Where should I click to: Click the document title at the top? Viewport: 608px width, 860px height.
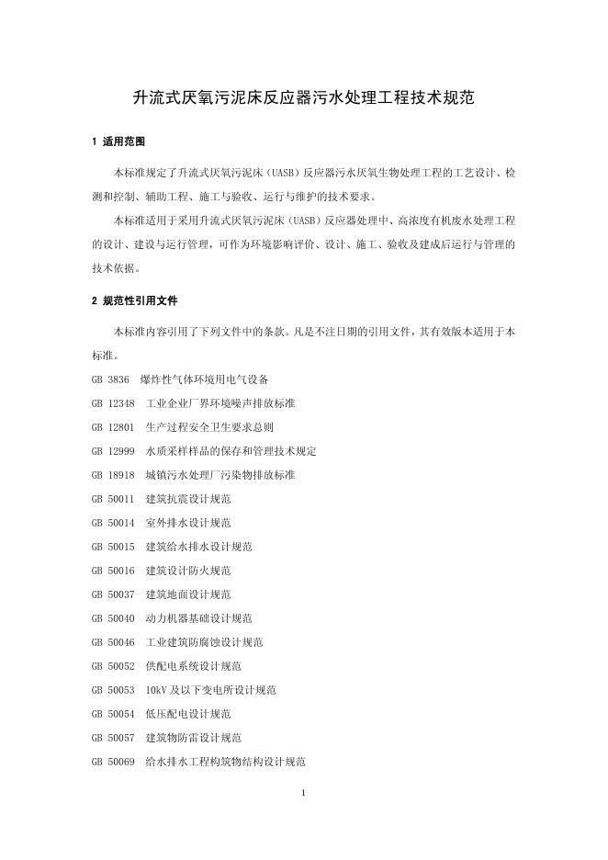(303, 96)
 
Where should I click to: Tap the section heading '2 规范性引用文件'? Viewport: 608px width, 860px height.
(135, 300)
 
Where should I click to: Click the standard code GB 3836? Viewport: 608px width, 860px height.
(110, 379)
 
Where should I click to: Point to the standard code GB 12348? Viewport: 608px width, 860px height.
(113, 402)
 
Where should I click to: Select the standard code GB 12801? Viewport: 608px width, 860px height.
(113, 426)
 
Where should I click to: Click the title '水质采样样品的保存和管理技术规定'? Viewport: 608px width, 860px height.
(231, 450)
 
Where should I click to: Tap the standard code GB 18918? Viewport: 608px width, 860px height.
(113, 474)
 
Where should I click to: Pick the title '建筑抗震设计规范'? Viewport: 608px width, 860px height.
(188, 498)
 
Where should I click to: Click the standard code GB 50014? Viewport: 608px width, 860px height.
(113, 522)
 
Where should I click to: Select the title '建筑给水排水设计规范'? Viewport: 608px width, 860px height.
(198, 546)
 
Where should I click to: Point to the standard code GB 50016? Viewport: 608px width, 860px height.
(113, 570)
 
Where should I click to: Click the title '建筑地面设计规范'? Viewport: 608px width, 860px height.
(188, 594)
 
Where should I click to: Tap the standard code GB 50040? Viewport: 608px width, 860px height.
(113, 617)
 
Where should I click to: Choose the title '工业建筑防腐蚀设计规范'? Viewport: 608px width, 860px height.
(204, 641)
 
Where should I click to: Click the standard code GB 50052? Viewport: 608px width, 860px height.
(113, 665)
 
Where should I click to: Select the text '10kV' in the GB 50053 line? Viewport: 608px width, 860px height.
(157, 689)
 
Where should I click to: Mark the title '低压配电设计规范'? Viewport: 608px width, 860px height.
(188, 713)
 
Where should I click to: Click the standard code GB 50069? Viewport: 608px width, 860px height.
(113, 761)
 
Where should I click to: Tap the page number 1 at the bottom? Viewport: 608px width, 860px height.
(303, 792)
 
